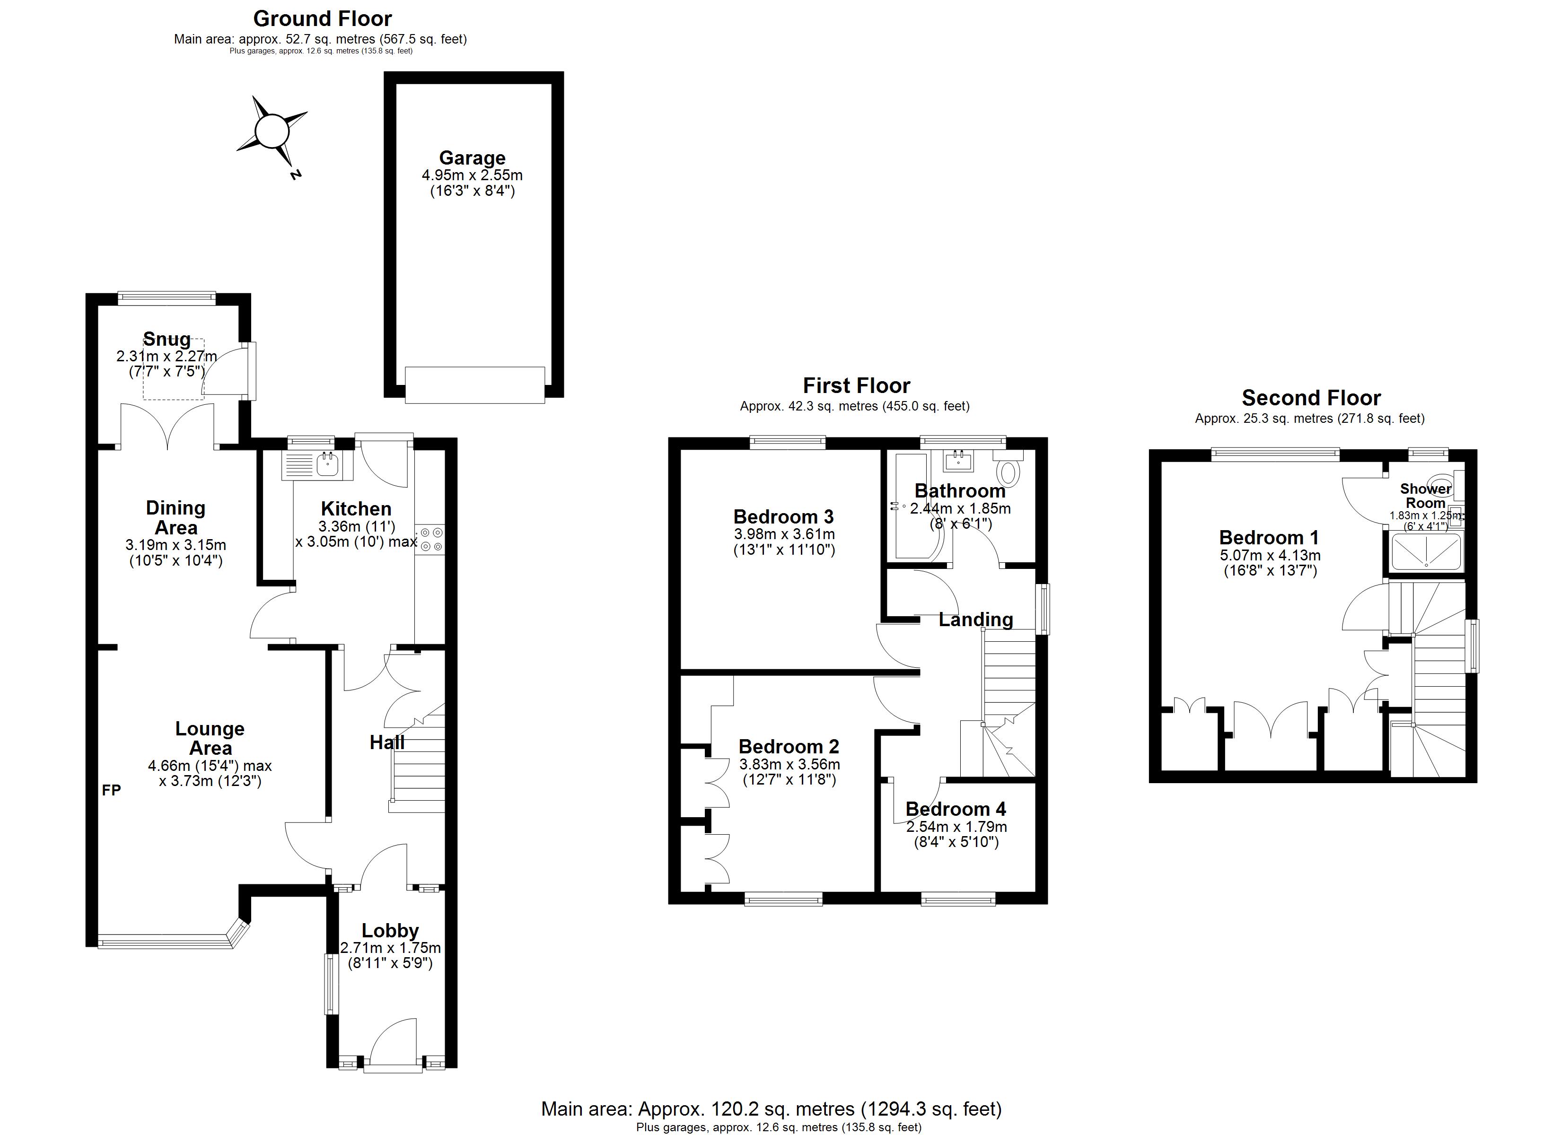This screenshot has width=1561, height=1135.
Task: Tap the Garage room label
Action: pos(472,158)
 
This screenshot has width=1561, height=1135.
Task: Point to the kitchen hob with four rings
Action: pos(431,539)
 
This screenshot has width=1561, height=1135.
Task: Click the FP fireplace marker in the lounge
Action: pos(112,790)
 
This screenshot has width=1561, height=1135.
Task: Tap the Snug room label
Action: pos(167,340)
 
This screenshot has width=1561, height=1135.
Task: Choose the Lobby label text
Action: pos(390,931)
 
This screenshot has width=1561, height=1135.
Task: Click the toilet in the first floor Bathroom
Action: pos(1009,469)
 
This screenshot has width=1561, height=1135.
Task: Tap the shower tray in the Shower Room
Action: pos(1426,551)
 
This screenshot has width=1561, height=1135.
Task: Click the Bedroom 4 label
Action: pos(956,809)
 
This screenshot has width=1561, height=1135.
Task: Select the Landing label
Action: pos(976,620)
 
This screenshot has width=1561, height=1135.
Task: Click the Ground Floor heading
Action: pos(323,18)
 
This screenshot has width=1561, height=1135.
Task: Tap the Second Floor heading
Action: pos(1311,398)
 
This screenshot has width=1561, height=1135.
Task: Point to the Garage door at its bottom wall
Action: pos(475,385)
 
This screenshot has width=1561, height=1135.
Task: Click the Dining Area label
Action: pos(175,517)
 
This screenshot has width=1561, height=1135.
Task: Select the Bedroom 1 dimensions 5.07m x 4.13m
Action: pos(1271,556)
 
